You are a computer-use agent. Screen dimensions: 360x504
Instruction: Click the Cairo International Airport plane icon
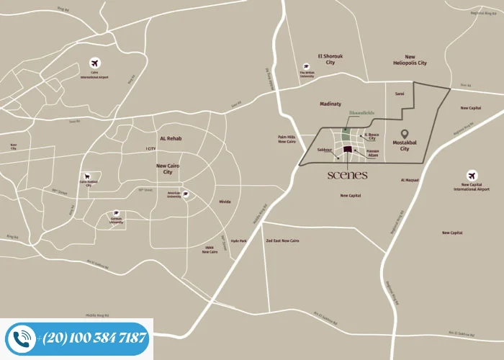point(94,63)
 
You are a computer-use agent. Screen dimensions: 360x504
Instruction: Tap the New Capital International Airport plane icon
point(472,175)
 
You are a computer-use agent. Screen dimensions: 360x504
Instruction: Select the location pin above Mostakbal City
point(405,135)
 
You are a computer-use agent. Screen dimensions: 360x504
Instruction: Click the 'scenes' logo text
point(348,175)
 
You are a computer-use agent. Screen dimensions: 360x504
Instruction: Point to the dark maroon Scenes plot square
point(348,149)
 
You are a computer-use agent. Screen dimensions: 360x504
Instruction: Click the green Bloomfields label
point(361,113)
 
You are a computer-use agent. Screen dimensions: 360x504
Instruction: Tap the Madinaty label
point(330,104)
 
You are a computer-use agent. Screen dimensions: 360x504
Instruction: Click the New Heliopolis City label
point(410,60)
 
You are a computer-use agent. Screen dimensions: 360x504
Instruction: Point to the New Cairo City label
point(167,168)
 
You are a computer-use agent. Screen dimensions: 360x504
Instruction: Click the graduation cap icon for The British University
point(307,66)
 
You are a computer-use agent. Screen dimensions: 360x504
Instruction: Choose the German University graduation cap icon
point(116,214)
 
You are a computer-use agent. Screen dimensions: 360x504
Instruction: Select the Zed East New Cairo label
point(282,240)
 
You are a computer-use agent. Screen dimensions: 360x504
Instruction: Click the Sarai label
point(400,94)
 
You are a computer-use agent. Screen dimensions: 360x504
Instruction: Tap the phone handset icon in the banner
point(22,338)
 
